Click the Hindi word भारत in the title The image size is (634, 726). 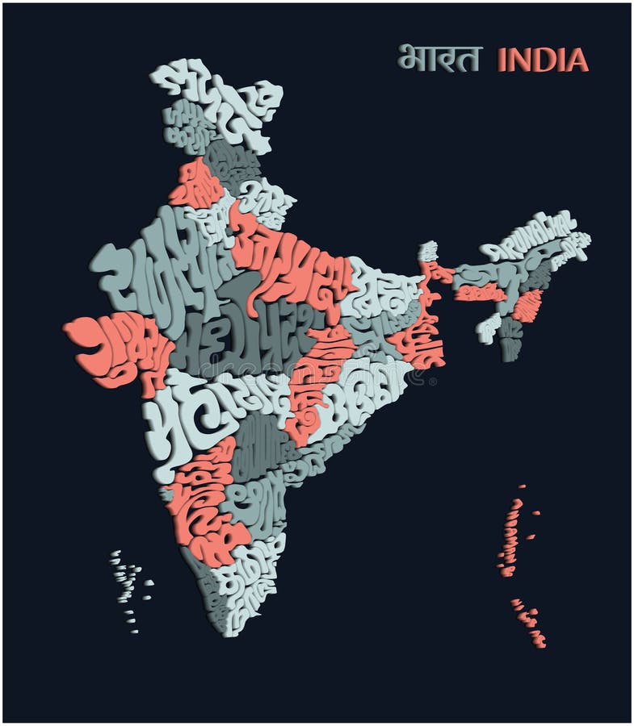pos(439,58)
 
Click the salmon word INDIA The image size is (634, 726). pos(542,59)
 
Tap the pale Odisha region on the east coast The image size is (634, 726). pos(372,387)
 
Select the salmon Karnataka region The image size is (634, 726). pos(202,500)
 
